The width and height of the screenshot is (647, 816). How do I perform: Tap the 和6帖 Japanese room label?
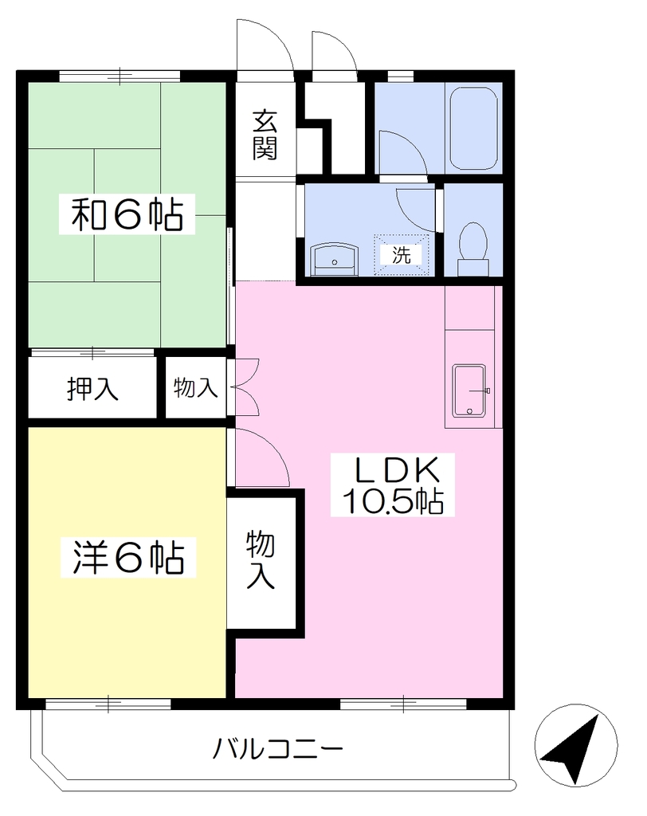point(127,214)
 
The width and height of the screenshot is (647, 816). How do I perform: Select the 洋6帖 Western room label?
point(128,557)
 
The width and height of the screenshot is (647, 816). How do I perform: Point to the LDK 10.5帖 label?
point(393,484)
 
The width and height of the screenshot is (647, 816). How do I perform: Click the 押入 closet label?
point(92,388)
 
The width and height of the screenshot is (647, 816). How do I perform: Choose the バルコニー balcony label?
point(278,749)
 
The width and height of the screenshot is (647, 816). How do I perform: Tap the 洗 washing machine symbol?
point(402,254)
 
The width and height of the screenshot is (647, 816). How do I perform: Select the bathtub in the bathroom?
point(473,127)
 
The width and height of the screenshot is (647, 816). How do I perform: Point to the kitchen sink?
point(469,390)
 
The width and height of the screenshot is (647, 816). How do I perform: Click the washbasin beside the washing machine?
point(334,260)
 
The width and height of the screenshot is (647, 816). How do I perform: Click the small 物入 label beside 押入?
point(195,387)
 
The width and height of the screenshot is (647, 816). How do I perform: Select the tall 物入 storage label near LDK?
point(261,559)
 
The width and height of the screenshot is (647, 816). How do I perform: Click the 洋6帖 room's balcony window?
point(108,704)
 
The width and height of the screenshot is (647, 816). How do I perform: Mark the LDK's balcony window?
point(403,704)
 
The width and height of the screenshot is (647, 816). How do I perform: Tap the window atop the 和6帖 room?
point(120,76)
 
